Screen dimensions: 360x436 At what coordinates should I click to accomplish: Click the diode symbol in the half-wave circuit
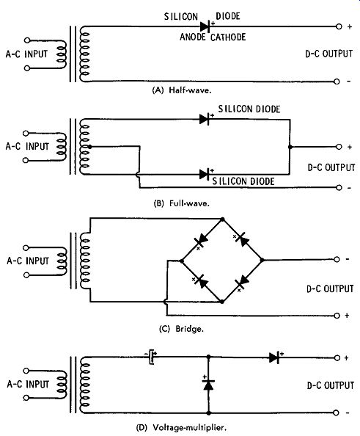click(205, 26)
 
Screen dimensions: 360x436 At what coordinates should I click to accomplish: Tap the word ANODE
click(193, 37)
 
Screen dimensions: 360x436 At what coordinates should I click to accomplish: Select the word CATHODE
click(228, 37)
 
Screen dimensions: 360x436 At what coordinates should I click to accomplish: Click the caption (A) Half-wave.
click(182, 90)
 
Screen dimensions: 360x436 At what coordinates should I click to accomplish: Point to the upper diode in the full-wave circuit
click(205, 120)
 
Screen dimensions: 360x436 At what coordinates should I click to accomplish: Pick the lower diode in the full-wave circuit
click(205, 175)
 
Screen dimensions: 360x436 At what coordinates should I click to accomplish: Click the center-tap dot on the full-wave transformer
click(89, 147)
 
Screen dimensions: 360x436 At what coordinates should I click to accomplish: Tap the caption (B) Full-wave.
click(182, 203)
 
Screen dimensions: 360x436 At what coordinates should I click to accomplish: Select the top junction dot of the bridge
click(222, 219)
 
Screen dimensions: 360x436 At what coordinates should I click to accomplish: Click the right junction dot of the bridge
click(262, 261)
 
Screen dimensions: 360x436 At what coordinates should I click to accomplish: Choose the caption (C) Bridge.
click(181, 329)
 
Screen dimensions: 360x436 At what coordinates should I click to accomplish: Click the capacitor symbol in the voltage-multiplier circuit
click(152, 357)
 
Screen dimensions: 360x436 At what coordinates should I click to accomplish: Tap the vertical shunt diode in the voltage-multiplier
click(208, 385)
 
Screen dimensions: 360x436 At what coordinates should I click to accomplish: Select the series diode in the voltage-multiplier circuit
click(274, 357)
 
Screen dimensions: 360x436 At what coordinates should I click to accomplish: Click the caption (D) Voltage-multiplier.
click(181, 427)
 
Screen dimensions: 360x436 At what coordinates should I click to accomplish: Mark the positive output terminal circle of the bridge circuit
click(337, 316)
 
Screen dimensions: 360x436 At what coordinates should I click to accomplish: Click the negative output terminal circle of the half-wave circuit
click(337, 81)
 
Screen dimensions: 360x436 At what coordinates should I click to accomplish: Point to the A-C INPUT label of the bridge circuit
click(28, 261)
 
